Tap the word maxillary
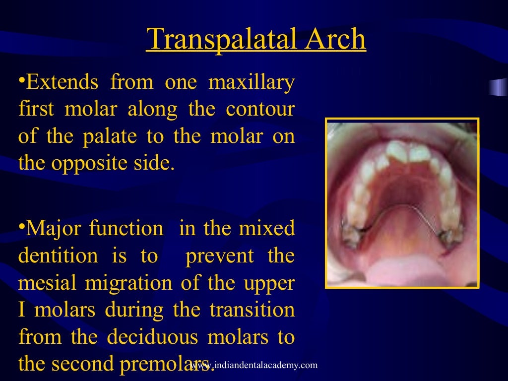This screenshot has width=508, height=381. coord(252,82)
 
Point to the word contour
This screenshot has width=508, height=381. coord(260,109)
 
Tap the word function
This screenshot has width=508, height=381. coord(126,229)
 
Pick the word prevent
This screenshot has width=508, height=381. coord(219,256)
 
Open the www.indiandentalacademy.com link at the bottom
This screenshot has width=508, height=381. coord(254,366)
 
